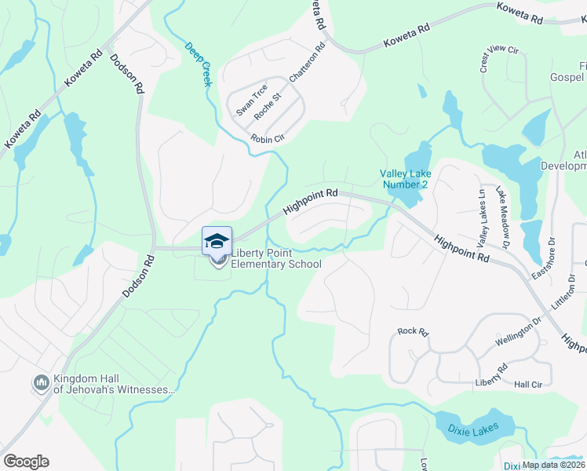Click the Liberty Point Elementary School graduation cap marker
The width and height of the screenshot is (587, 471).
tap(217, 240)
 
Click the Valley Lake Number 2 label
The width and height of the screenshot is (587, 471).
tap(404, 179)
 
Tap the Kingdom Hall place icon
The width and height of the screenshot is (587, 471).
tap(41, 383)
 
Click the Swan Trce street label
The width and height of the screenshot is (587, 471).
tap(252, 100)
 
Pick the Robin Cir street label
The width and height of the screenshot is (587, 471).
tap(266, 139)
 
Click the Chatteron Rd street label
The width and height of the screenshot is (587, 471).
tap(307, 65)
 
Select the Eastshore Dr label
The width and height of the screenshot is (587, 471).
tap(544, 258)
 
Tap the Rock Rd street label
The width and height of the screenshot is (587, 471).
tap(413, 332)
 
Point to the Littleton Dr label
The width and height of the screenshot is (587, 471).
tap(567, 291)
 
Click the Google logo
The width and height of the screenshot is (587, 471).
tap(26, 461)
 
